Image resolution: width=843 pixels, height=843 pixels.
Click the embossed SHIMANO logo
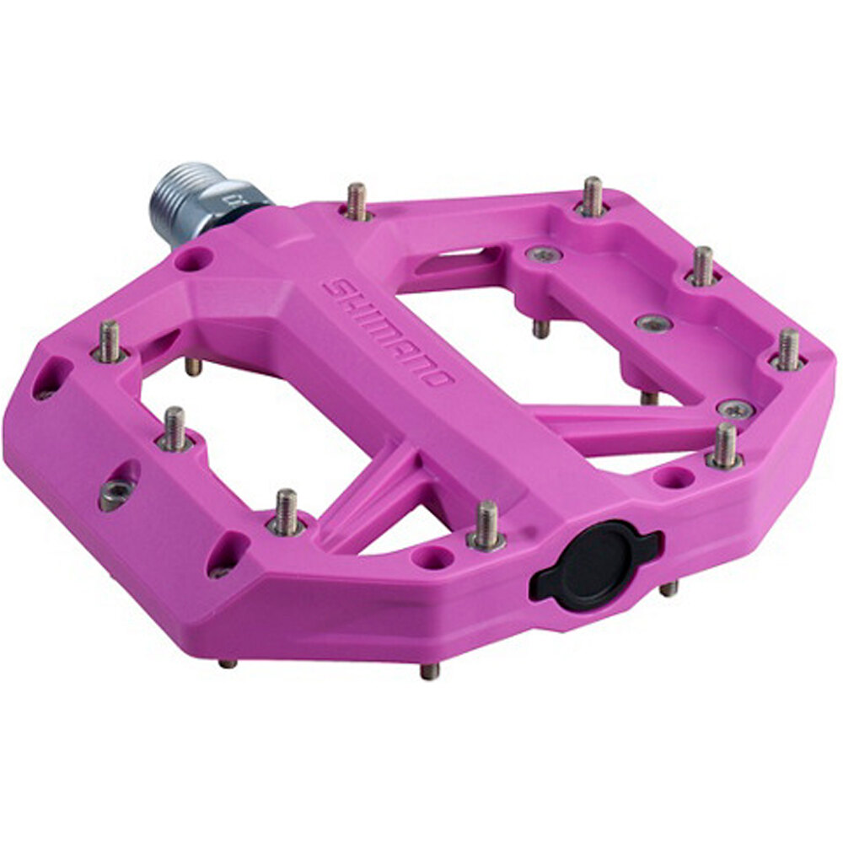388,333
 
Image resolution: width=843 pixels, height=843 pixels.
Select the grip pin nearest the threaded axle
357,201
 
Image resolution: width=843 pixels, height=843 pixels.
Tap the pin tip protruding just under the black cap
669,588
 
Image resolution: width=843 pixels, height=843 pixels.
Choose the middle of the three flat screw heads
652,324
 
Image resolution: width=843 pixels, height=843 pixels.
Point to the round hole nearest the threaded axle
193,259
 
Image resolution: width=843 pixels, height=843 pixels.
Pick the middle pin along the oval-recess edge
175,428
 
